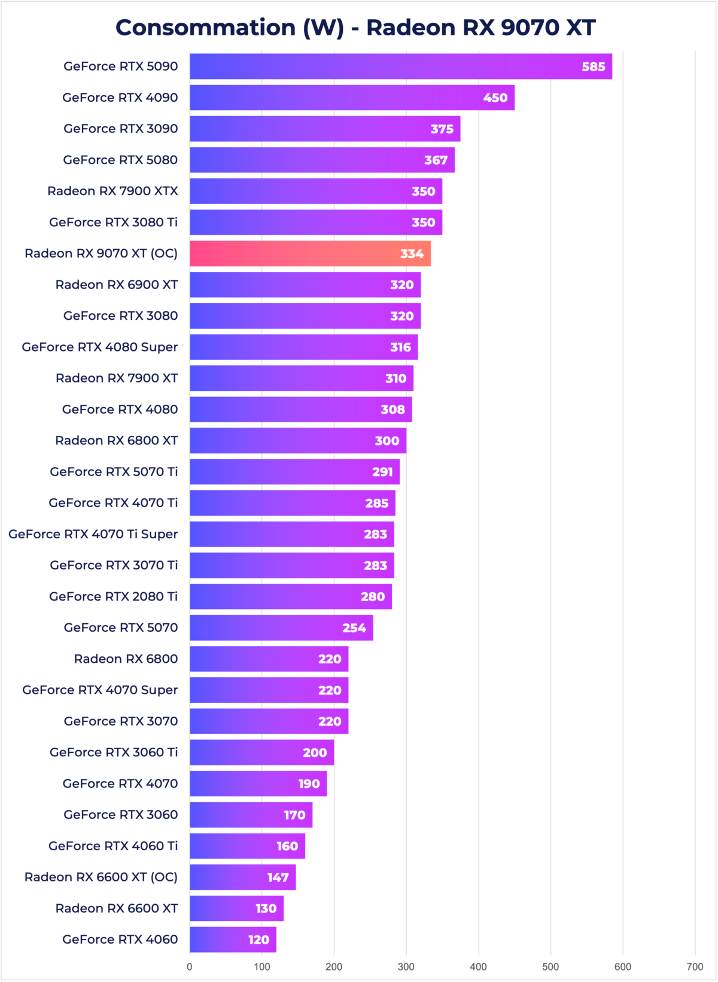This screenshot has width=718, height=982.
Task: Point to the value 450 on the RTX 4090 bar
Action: pyautogui.click(x=495, y=98)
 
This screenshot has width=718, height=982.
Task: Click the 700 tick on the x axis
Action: pyautogui.click(x=695, y=966)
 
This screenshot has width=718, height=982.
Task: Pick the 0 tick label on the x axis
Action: pyautogui.click(x=190, y=966)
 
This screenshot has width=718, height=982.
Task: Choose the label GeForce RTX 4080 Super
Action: pyautogui.click(x=100, y=347)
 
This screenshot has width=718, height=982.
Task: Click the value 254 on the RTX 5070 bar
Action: pyautogui.click(x=354, y=628)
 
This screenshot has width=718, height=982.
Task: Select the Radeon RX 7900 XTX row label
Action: pyautogui.click(x=112, y=191)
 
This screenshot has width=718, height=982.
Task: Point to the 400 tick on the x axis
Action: pyautogui.click(x=478, y=966)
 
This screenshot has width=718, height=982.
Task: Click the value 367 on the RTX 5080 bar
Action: pyautogui.click(x=436, y=160)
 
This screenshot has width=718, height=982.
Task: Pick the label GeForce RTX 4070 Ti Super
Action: pyautogui.click(x=93, y=534)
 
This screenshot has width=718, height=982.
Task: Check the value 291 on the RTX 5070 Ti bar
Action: pyautogui.click(x=383, y=472)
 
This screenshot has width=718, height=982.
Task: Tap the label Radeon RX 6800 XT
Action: pyautogui.click(x=117, y=441)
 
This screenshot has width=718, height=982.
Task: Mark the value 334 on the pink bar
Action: pyautogui.click(x=412, y=254)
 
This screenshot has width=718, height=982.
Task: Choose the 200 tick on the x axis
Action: pyautogui.click(x=334, y=966)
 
